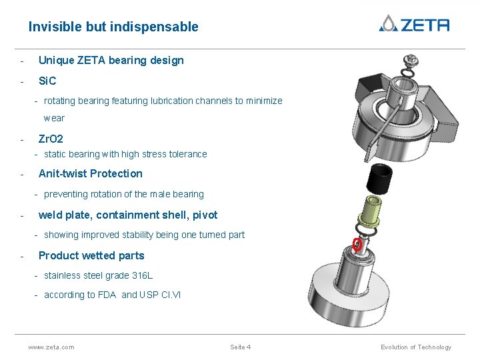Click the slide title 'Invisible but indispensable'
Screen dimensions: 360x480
(x=113, y=27)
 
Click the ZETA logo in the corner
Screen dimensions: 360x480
(x=414, y=24)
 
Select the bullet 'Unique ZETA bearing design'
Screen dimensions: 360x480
(x=111, y=61)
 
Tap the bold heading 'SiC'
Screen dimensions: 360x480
(x=47, y=81)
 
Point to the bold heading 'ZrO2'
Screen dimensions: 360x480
(x=51, y=139)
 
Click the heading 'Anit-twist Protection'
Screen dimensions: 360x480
(x=90, y=174)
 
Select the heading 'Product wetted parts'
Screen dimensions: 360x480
(x=91, y=255)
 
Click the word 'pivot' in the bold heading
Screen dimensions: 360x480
(x=205, y=215)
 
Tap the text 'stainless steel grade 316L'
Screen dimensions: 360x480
(x=98, y=275)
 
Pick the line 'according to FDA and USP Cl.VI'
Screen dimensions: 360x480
(x=112, y=295)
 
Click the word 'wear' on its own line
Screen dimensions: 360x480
(x=54, y=118)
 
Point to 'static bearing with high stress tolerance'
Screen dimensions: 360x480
(x=125, y=154)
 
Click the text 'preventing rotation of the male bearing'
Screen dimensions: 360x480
(x=123, y=194)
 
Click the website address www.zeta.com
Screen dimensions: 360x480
(x=51, y=347)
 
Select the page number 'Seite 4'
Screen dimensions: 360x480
(x=240, y=347)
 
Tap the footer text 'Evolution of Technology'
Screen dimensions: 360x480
(x=415, y=347)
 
